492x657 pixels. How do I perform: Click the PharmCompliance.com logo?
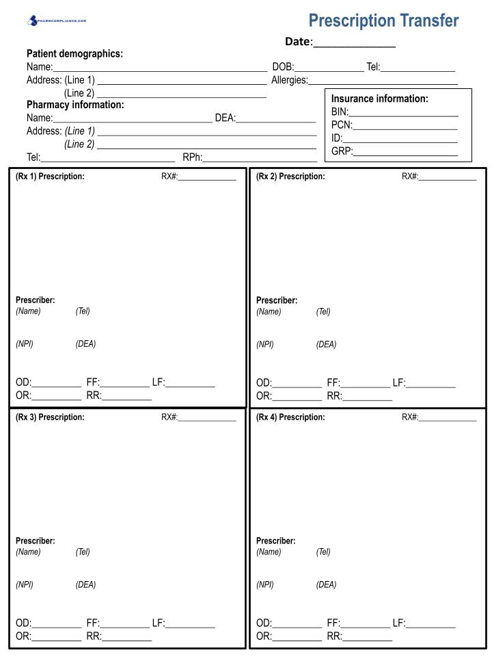[x=57, y=21]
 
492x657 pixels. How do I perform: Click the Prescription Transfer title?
[x=383, y=21]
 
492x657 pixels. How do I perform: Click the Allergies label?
[x=289, y=80]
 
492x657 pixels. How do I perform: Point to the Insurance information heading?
[x=379, y=99]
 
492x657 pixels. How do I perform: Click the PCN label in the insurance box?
[x=341, y=125]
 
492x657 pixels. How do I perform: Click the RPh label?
[x=192, y=158]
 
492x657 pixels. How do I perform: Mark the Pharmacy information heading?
[x=75, y=105]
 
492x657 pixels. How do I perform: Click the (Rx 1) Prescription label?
[x=50, y=177]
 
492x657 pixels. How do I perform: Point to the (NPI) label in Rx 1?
[x=25, y=344]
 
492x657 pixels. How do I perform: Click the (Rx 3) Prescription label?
[x=50, y=417]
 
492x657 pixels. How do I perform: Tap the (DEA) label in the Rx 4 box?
[x=326, y=585]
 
